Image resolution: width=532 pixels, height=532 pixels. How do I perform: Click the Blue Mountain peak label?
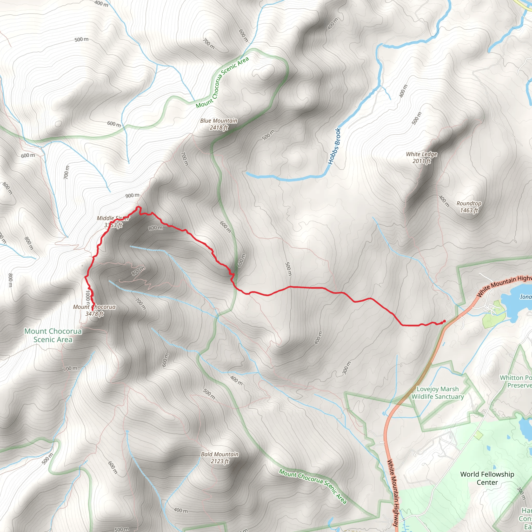point(219,124)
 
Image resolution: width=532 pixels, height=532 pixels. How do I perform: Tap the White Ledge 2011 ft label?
point(422,157)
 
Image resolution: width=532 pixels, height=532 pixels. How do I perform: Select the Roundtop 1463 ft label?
point(469,207)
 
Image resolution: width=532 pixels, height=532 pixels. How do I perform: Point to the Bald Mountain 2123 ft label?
point(220,458)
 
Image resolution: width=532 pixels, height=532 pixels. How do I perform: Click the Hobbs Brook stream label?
point(335,146)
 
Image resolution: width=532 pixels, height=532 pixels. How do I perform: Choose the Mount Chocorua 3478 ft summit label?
point(95,310)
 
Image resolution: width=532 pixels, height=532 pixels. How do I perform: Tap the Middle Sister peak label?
point(113,222)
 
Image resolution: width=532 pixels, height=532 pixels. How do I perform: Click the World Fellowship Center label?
point(487,478)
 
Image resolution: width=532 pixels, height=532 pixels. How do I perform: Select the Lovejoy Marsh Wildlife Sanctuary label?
point(437,393)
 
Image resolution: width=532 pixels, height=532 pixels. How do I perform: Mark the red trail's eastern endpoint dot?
point(444,321)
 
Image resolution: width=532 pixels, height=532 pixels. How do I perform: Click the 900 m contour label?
point(132,196)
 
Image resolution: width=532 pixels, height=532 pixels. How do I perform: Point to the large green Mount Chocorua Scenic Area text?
point(53,335)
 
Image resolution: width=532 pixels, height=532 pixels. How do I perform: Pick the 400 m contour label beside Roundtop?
point(444,201)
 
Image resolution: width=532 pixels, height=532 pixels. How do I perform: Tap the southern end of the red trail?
point(92,310)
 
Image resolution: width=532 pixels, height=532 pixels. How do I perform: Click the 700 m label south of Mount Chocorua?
point(70,368)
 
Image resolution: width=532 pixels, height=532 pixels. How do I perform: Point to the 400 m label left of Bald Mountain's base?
point(181,510)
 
